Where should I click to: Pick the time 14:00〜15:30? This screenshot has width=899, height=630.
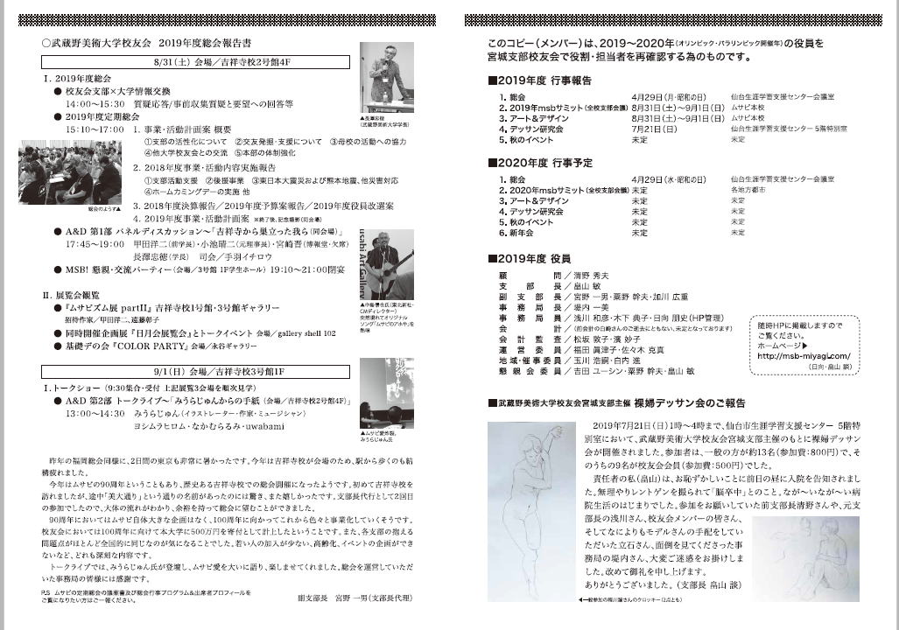(x=95, y=103)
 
